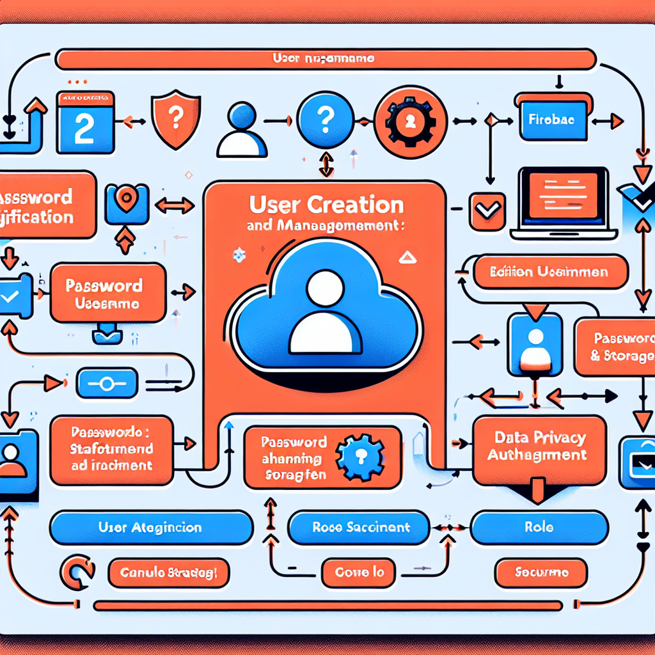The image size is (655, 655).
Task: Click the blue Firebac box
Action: coord(553,118)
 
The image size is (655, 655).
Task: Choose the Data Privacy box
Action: coord(539,448)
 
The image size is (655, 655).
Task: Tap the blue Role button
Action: coord(539,528)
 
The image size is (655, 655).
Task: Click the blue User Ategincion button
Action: coord(151,528)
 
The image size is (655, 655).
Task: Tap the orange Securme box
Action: coord(541,572)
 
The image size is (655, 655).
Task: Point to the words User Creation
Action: coord(326,205)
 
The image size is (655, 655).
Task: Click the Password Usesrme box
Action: coord(107,294)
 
